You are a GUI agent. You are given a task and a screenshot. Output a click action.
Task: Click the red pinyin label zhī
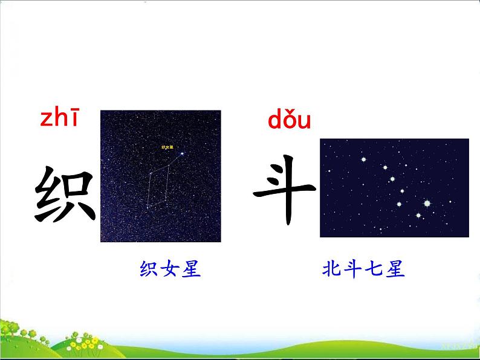[x=59, y=119]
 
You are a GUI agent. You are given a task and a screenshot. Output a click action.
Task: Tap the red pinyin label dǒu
[x=289, y=121]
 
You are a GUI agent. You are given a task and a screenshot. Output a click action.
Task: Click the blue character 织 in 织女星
[x=149, y=269]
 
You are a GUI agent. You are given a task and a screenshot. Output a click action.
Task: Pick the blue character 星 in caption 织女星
[x=192, y=269]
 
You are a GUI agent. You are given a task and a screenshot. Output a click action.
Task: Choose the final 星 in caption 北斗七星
[x=395, y=269]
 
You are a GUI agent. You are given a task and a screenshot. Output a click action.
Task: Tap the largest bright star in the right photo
[x=427, y=204]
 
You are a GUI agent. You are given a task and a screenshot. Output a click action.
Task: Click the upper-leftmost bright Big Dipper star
[x=364, y=159]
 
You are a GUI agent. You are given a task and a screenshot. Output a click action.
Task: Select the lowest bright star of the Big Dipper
[x=417, y=214]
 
